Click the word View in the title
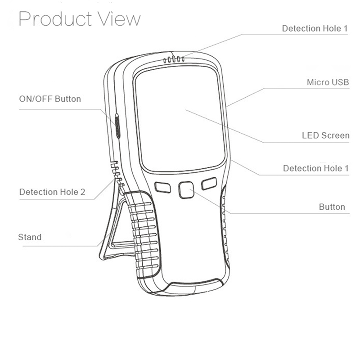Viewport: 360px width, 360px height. pos(120,19)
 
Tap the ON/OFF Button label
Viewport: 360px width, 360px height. pos(49,99)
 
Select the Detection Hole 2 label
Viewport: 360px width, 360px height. pos(52,192)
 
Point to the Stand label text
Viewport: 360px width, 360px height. pos(30,237)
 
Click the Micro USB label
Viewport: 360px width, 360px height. pos(328,82)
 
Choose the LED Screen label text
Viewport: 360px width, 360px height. pos(325,135)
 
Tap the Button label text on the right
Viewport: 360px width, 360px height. pos(332,207)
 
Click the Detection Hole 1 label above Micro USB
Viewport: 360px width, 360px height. pos(315,28)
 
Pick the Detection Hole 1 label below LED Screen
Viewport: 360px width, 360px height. pos(316,168)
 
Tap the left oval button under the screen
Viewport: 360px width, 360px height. pos(162,187)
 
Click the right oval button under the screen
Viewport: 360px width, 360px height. pos(209,184)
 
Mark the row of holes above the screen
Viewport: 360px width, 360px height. pos(174,59)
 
